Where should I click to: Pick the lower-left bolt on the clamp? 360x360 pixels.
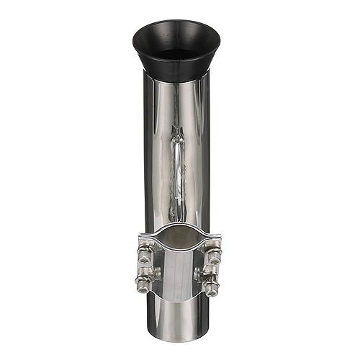[x=143, y=286]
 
